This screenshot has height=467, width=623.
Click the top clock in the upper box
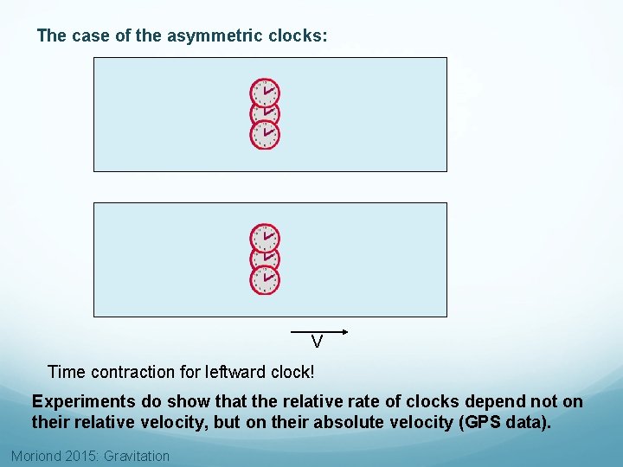click(266, 92)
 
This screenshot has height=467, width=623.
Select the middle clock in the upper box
click(266, 113)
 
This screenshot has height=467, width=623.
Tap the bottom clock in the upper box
click(266, 135)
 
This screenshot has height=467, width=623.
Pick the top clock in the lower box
click(266, 236)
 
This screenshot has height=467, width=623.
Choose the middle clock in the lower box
click(266, 258)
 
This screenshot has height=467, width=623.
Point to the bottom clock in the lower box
click(266, 278)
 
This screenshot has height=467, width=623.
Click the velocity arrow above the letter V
click(318, 331)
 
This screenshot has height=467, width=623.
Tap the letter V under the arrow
click(318, 342)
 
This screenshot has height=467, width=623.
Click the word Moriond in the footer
click(36, 456)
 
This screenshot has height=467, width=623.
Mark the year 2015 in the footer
click(81, 456)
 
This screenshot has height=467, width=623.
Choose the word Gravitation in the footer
click(137, 456)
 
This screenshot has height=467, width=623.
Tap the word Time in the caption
click(65, 372)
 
